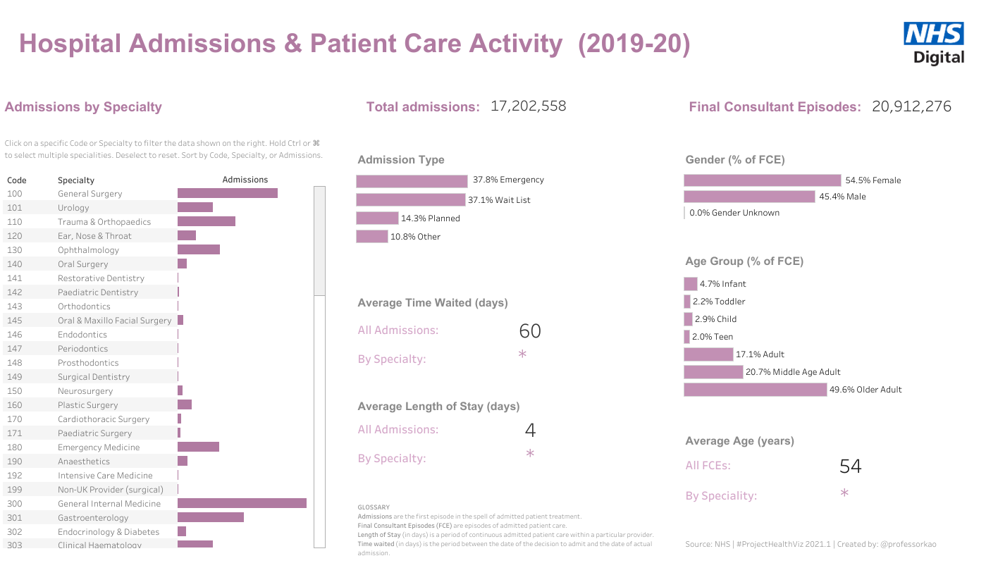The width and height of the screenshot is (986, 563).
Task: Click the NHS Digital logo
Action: tap(933, 43)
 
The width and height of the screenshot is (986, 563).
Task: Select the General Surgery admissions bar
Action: tap(227, 193)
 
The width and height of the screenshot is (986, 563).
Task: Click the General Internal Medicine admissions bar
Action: tap(242, 503)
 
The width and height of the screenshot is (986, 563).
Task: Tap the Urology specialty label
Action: tap(73, 208)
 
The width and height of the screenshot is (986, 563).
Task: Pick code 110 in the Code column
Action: tap(15, 222)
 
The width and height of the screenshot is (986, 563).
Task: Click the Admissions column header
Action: tap(245, 180)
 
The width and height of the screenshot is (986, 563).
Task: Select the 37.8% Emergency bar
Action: tap(412, 181)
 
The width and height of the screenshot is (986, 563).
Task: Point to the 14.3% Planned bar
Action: tap(377, 218)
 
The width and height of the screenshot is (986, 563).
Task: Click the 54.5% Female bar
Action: tap(762, 180)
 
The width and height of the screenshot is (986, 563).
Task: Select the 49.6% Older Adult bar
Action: tap(755, 390)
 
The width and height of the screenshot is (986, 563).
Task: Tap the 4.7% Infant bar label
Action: tap(722, 284)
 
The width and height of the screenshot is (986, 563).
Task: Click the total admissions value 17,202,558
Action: tap(528, 106)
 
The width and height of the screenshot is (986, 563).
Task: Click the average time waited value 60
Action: tap(529, 330)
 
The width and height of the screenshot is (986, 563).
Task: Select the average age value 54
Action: tap(850, 466)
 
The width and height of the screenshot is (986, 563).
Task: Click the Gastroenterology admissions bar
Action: tap(210, 517)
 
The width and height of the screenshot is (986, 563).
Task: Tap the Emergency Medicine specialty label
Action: tap(99, 447)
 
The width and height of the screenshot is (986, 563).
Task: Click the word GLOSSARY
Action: tap(374, 507)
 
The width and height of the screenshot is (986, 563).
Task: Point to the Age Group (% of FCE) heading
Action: tap(744, 261)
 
